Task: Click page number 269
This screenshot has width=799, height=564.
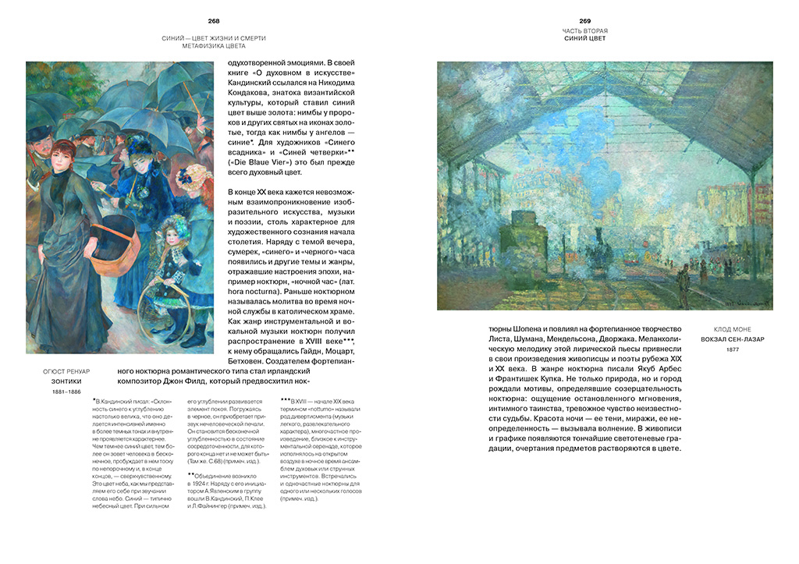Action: coord(584,21)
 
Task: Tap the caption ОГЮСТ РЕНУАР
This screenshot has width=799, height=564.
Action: coord(66,371)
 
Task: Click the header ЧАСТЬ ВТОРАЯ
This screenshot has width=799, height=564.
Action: coord(584,31)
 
